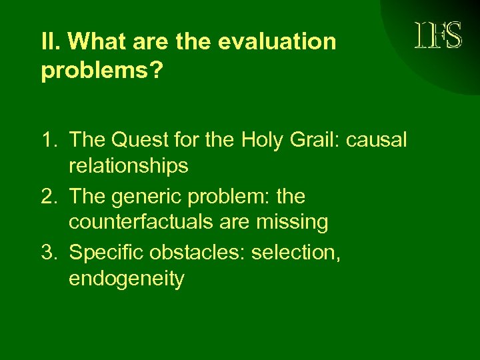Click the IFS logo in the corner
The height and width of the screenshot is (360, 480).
click(438, 35)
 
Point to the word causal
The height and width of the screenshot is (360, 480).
click(379, 140)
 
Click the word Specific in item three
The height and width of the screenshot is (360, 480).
click(109, 253)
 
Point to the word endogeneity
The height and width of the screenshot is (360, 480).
click(126, 279)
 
